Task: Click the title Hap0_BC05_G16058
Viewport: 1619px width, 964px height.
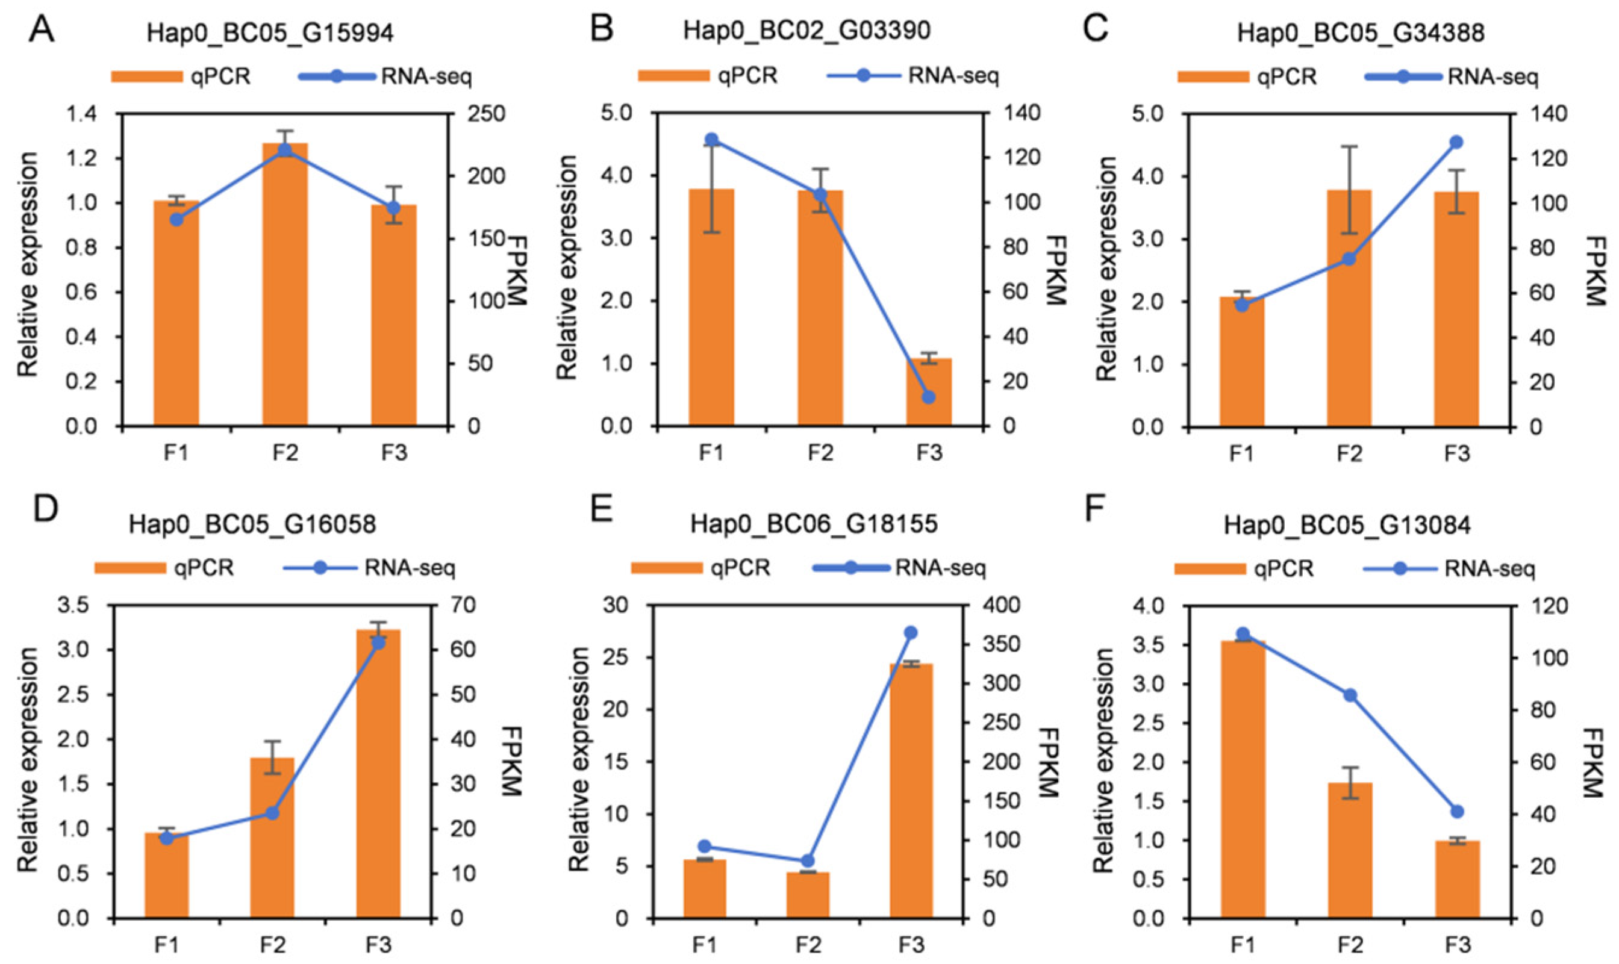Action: pyautogui.click(x=252, y=524)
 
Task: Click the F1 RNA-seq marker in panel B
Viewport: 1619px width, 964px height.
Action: pyautogui.click(x=711, y=140)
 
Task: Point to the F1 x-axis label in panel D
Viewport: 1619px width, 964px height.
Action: pyautogui.click(x=166, y=945)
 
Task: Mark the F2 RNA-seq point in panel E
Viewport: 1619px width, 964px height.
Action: pyautogui.click(x=808, y=860)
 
